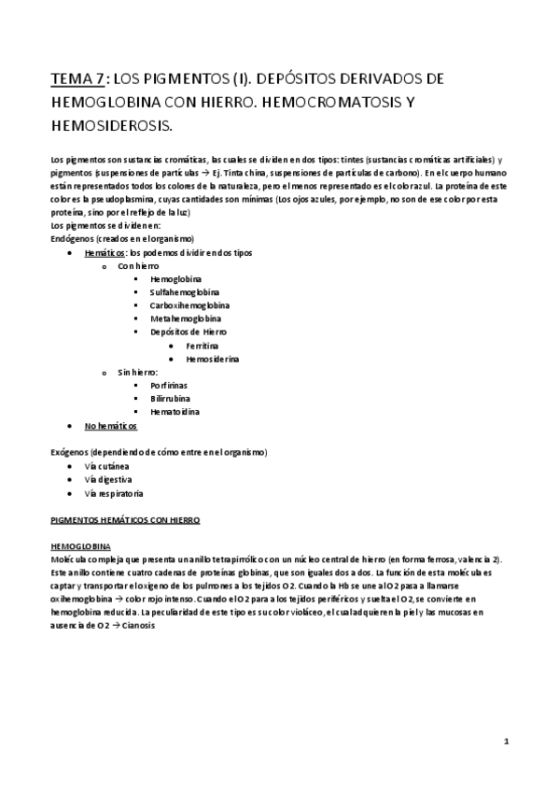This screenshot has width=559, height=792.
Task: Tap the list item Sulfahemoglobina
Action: pos(184,292)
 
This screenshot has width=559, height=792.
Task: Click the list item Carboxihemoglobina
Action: pos(190,305)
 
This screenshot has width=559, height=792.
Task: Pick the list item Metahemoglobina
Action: pos(185,318)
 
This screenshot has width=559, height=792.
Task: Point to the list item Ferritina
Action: pos(203,346)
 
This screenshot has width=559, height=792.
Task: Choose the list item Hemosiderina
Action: pos(212,359)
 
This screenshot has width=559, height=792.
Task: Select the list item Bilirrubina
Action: pos(173,398)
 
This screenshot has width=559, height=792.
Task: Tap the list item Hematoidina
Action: pos(175,411)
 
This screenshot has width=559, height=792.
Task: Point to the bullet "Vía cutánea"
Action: pos(106,465)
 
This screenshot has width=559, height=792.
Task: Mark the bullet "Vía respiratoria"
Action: pos(113,492)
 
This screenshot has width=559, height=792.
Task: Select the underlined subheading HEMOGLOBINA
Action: pos(79,545)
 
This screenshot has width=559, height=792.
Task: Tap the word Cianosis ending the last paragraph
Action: pos(136,626)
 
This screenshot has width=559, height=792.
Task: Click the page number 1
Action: pos(505,742)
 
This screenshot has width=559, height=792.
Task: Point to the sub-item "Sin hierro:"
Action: pos(137,372)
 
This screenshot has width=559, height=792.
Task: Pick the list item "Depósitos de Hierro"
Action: pos(188,332)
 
